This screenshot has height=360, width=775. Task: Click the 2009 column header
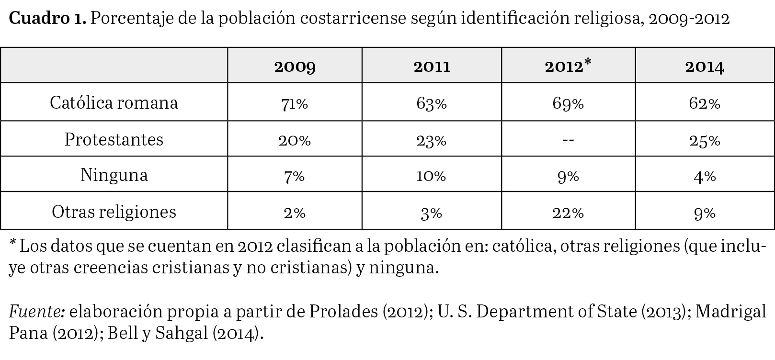click(295, 66)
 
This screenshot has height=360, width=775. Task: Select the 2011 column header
click(432, 66)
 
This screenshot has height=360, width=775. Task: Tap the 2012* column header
click(568, 66)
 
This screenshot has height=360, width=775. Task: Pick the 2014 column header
click(705, 66)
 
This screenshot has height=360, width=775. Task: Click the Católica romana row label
click(114, 102)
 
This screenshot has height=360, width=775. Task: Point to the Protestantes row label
click(114, 139)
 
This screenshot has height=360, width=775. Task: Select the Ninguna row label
click(114, 175)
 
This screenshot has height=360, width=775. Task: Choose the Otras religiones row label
click(114, 212)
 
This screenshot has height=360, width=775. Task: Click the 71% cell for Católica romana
click(295, 103)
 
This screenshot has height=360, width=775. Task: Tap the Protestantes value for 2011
click(432, 140)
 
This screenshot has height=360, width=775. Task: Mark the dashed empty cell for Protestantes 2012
click(568, 140)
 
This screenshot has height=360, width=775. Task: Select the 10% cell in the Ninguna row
click(432, 176)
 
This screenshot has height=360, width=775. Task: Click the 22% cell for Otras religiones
click(568, 213)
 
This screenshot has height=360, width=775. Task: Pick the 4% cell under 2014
click(705, 176)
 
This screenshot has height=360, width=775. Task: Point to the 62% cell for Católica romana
click(705, 103)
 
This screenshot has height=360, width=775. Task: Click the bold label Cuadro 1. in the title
click(47, 19)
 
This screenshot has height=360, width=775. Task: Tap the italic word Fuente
click(36, 312)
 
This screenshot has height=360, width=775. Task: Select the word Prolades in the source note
click(343, 312)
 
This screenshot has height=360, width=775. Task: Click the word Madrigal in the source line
click(730, 312)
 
